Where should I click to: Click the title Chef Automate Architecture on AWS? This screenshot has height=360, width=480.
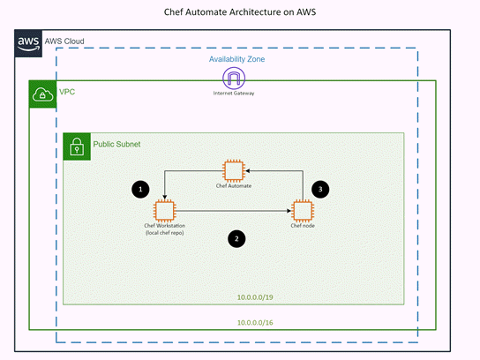[239, 13]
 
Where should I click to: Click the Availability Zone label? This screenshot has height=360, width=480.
[236, 58]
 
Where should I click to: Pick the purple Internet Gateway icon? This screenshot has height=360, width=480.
[234, 78]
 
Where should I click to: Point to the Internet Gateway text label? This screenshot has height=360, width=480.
[234, 93]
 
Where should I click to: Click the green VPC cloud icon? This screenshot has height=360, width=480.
[42, 94]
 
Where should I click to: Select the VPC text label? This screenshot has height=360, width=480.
[67, 92]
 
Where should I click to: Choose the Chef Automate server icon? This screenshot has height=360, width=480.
[234, 171]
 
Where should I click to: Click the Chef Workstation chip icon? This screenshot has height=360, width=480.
[163, 211]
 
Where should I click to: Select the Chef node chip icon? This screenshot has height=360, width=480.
[303, 211]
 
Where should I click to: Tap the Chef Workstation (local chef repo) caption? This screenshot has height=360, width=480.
[163, 230]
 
